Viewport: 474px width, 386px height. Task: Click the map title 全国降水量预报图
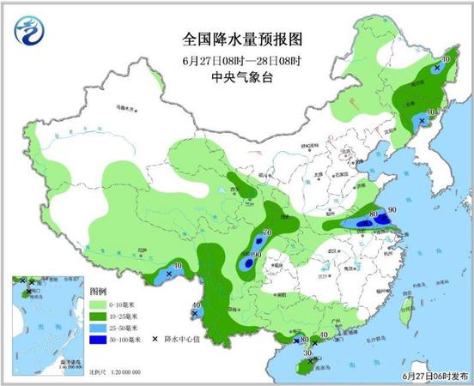236,40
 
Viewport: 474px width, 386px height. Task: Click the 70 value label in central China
267,233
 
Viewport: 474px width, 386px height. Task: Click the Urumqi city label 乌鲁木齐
127,110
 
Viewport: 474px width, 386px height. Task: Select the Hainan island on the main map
301,368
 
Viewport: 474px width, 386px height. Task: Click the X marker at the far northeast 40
438,66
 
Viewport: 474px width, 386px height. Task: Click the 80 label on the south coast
304,340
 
